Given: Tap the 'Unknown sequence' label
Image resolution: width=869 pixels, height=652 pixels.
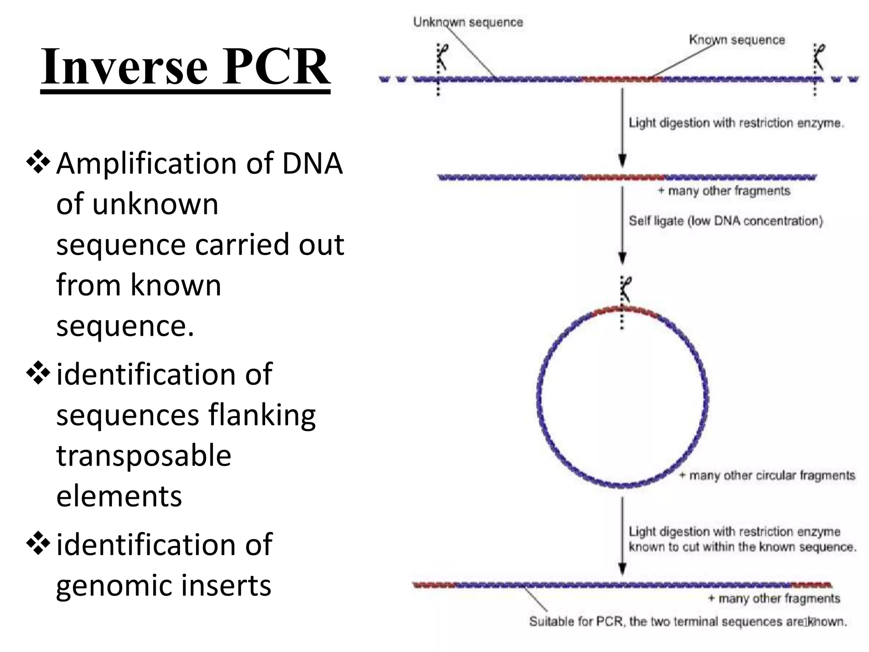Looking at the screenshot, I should pyautogui.click(x=468, y=22).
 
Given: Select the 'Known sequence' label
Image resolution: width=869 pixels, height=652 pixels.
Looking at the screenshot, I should pyautogui.click(x=737, y=40).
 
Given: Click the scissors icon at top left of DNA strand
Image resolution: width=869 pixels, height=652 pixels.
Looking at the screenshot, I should pyautogui.click(x=442, y=57).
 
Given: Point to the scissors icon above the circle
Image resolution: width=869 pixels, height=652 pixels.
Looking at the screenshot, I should pyautogui.click(x=625, y=289).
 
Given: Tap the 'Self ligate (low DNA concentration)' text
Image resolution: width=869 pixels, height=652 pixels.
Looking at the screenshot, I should pyautogui.click(x=726, y=221).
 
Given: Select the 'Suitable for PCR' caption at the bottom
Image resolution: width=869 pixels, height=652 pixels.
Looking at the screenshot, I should pyautogui.click(x=687, y=622).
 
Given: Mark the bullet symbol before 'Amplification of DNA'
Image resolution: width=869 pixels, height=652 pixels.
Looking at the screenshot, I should pyautogui.click(x=38, y=162).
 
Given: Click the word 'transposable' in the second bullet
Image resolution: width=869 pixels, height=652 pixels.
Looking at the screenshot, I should pyautogui.click(x=144, y=455).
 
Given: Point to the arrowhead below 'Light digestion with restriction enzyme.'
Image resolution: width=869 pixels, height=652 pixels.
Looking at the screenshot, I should pyautogui.click(x=622, y=161).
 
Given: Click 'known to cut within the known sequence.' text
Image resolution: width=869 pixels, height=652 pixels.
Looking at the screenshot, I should pyautogui.click(x=743, y=547).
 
